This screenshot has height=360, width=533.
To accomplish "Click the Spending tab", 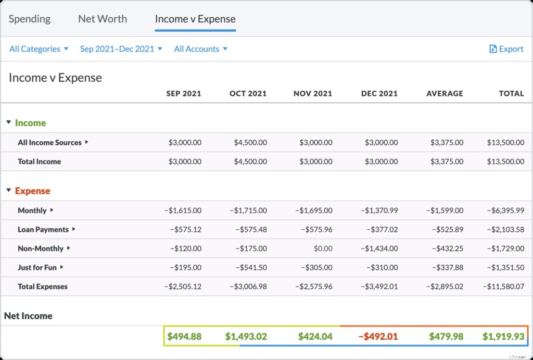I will coord(30,19).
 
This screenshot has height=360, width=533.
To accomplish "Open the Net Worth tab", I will coord(103,19).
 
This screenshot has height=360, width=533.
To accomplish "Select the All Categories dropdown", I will coord(39,49).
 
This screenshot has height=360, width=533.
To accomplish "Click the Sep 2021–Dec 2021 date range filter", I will coord(121,49).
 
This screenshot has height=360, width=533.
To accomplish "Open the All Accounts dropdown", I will coord(200,49).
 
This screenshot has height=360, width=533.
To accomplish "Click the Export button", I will coord(506,49).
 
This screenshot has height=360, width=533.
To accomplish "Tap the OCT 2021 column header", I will coord(248,94).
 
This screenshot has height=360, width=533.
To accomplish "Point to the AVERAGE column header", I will coord(445,94).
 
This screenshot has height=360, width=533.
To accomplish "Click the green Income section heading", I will coord(30,123).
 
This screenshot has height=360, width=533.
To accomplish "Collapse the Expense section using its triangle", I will coord(8,191).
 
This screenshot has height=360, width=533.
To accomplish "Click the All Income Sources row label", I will coord(49,142).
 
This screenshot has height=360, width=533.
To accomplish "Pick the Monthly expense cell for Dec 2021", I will coord(379,210).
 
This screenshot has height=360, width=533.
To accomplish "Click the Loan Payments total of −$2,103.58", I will coord(505,230).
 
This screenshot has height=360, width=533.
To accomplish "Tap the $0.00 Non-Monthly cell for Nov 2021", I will coord(323,249).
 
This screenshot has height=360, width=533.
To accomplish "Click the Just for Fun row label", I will coord(37,267).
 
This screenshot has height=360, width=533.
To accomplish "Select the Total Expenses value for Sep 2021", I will coord(182,287).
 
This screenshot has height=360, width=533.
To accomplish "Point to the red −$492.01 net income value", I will coord(378,337).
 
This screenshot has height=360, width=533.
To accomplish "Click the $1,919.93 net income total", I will coord(503,337).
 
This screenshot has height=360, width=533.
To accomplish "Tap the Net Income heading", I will coord(28,316).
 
